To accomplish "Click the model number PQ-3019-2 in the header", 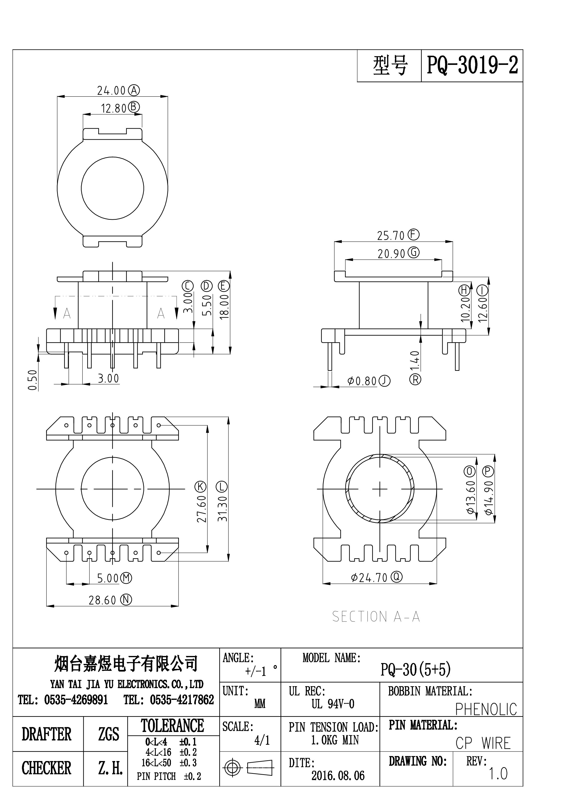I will click(x=472, y=65).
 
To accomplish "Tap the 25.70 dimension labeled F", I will click(x=391, y=236).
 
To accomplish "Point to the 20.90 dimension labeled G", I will click(x=391, y=254).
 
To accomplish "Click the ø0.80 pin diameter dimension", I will click(x=362, y=381).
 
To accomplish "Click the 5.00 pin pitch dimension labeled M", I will click(x=107, y=578).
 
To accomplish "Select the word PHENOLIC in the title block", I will click(x=486, y=709).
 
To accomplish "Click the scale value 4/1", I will click(x=262, y=740).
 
